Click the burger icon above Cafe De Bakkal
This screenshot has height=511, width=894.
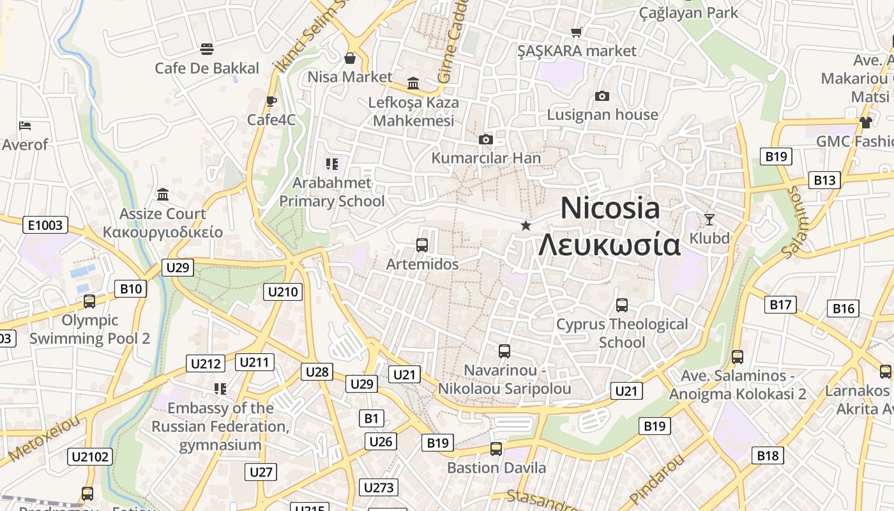point(206,49)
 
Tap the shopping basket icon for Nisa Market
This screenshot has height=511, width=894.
point(350,58)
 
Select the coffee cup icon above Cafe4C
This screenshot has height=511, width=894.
point(271,101)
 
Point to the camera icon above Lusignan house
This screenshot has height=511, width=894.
point(602,96)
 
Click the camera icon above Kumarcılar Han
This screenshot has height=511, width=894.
point(486,139)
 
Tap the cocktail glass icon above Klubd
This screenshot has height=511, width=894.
point(709,220)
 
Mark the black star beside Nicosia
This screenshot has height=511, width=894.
point(526,225)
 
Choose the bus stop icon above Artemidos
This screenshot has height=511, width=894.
point(421,245)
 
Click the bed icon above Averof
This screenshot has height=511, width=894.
point(25,126)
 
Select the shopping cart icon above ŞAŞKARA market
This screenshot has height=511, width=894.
point(577,32)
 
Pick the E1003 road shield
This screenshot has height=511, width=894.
point(45,225)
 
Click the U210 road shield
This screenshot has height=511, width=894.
point(283,292)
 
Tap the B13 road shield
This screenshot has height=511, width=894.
point(824,180)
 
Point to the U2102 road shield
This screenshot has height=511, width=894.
point(90,456)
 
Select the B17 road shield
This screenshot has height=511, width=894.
point(780,305)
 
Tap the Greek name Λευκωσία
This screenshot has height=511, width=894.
point(609,245)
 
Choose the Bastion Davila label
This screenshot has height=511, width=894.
point(496,468)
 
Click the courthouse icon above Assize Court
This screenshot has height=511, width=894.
point(163,194)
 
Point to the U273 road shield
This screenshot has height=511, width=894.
point(379,487)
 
